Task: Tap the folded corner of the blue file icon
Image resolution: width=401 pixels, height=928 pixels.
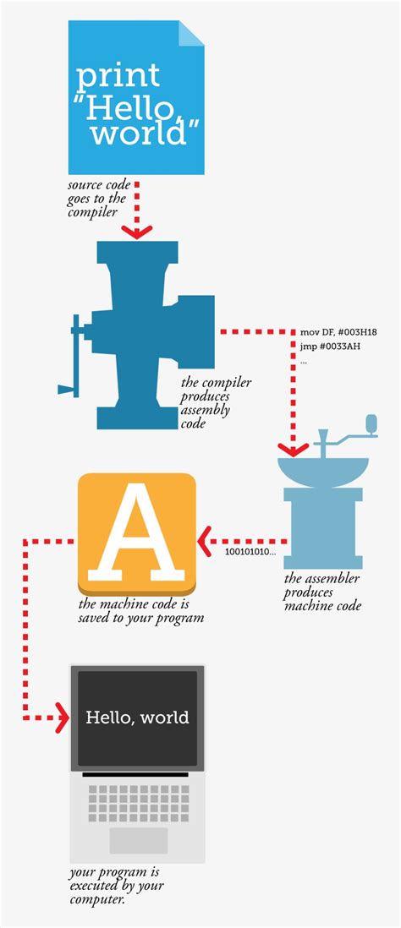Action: point(193,31)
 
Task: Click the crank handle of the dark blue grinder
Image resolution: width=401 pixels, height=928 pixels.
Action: point(69,389)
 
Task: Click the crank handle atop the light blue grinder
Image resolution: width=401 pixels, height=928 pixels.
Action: point(370,422)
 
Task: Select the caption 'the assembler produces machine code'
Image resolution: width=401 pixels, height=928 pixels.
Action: point(321,592)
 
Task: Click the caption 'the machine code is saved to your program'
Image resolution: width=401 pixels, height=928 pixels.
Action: point(140,611)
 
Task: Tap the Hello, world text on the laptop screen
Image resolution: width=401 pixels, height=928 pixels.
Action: point(137,718)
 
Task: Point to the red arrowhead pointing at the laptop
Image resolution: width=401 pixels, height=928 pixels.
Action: point(61,720)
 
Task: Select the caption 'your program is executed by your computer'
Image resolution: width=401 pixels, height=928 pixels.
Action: point(117,885)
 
